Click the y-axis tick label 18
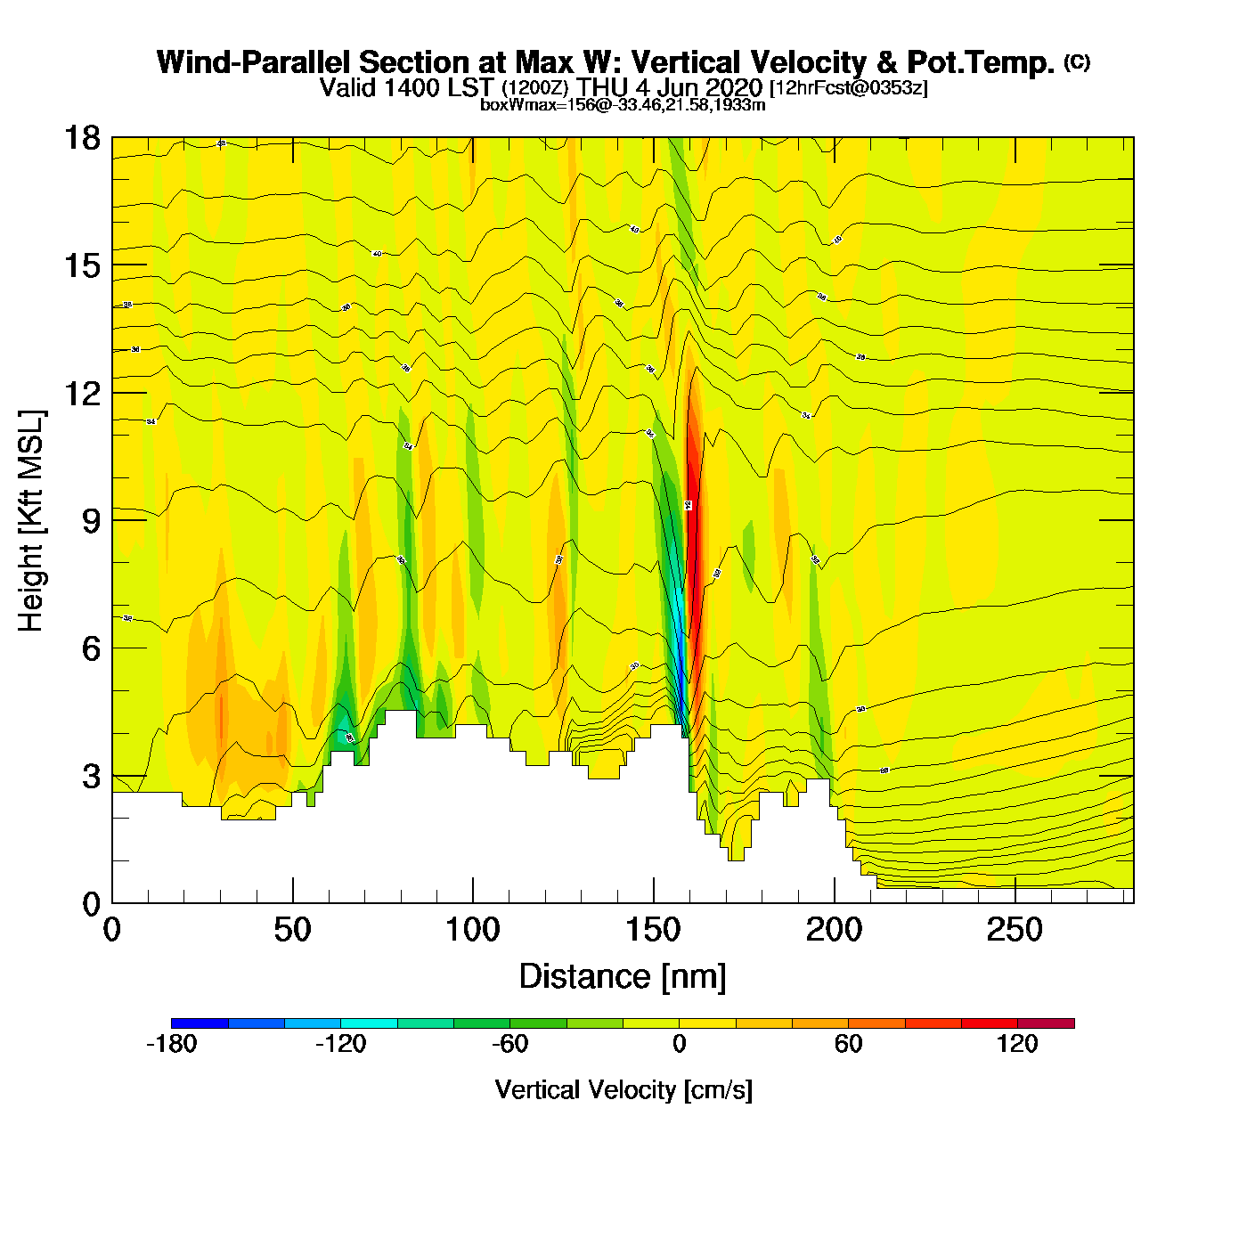81,138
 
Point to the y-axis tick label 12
81,393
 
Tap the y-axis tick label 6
91,648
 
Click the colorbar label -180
171,1044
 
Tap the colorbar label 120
1017,1044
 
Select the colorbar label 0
679,1044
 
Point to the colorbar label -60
509,1044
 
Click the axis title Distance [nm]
623,977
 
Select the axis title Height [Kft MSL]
31,521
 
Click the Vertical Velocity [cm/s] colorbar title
623,1089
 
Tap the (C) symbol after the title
1077,61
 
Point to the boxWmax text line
623,105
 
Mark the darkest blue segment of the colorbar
200,1023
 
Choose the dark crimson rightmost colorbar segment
1046,1023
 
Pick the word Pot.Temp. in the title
980,63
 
